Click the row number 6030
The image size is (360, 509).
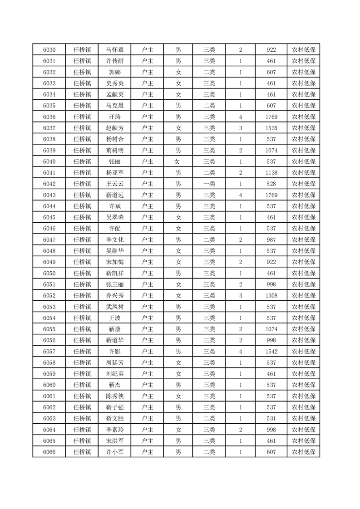tap(49, 50)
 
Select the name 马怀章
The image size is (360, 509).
tap(114, 50)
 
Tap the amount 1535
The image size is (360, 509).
tap(271, 128)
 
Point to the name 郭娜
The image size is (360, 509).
tap(114, 72)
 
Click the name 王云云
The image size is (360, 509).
tap(114, 184)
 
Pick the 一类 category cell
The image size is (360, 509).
tap(209, 184)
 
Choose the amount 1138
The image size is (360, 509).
tap(271, 173)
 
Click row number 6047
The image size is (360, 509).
tap(49, 240)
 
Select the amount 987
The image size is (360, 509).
tap(271, 240)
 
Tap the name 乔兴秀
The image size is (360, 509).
tap(114, 295)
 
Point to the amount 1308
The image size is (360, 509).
tap(271, 295)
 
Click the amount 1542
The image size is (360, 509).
tap(271, 352)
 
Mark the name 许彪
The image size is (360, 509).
tap(114, 352)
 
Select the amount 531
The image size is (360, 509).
tap(271, 418)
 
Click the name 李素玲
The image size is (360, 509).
tap(114, 430)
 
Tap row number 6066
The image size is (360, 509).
tap(49, 452)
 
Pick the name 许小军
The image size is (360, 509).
tap(114, 452)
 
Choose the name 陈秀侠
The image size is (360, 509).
tap(114, 396)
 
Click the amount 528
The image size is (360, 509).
tap(271, 184)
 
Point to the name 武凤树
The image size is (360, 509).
tap(114, 307)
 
